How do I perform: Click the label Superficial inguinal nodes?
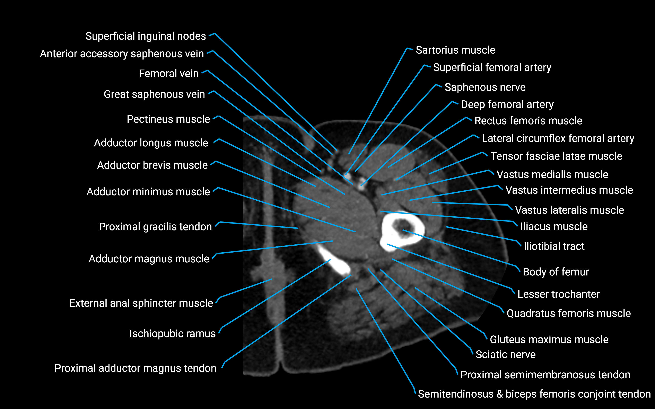pyautogui.click(x=146, y=36)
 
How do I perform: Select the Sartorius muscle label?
pyautogui.click(x=455, y=50)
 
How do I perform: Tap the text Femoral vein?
pyautogui.click(x=169, y=74)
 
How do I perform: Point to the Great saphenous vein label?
pyautogui.click(x=154, y=94)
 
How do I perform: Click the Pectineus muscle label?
pyautogui.click(x=168, y=119)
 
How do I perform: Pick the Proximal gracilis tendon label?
pyautogui.click(x=155, y=227)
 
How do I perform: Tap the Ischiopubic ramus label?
pyautogui.click(x=172, y=334)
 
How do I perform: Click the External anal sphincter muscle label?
pyautogui.click(x=141, y=303)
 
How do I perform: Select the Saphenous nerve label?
pyautogui.click(x=485, y=87)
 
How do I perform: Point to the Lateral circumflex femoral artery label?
pyautogui.click(x=558, y=138)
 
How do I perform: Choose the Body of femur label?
pyautogui.click(x=556, y=272)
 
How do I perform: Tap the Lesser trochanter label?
pyautogui.click(x=558, y=294)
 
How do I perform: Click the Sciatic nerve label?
pyautogui.click(x=505, y=355)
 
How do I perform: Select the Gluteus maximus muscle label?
pyautogui.click(x=549, y=340)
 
